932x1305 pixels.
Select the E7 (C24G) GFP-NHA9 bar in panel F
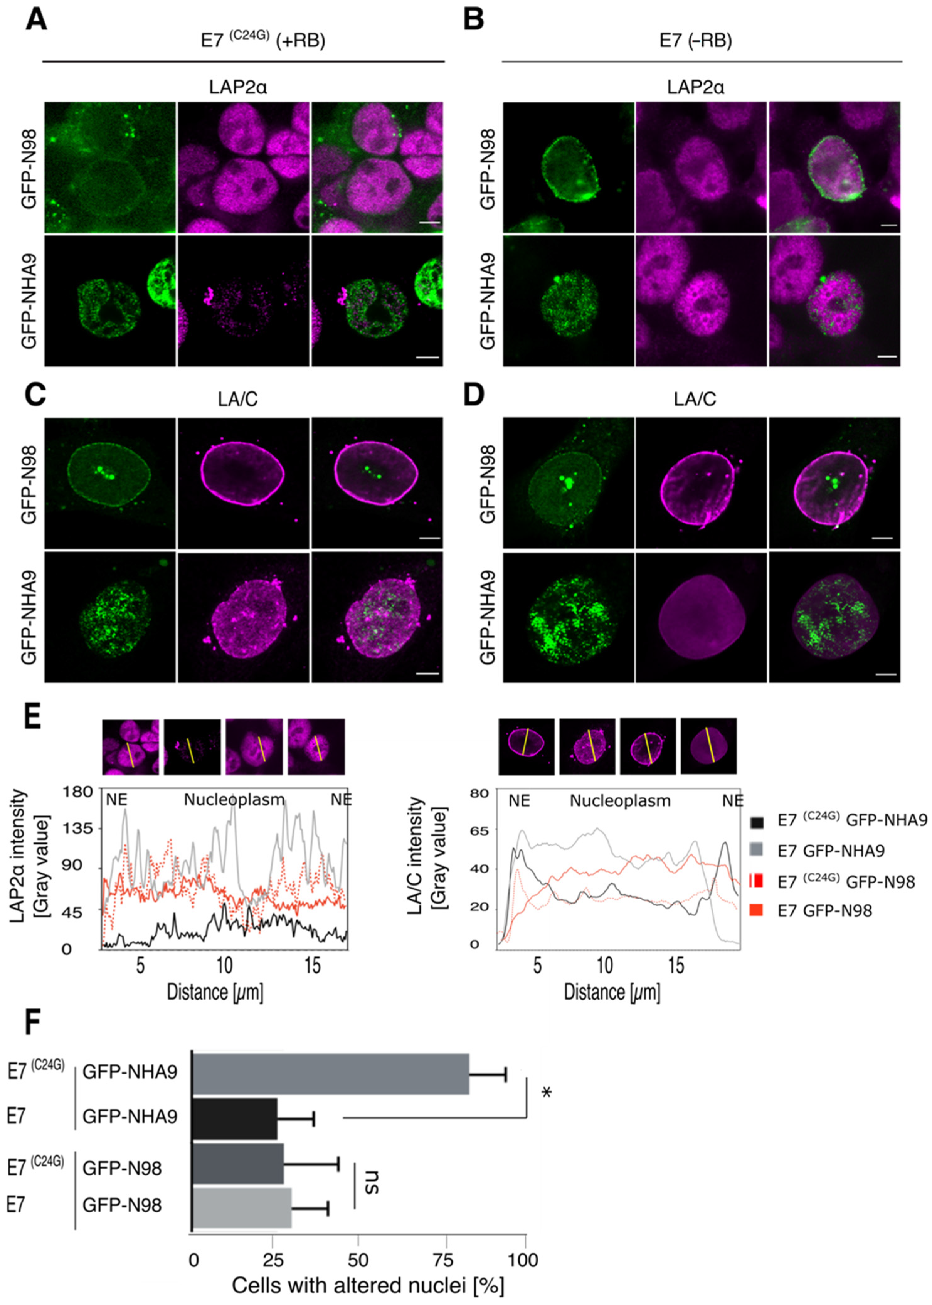(331, 1074)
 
